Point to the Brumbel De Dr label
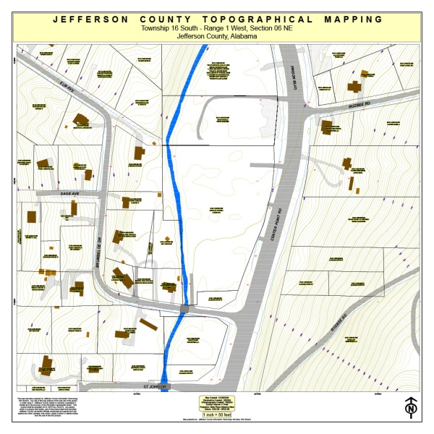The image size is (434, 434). pos(101,238)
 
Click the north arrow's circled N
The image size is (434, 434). pos(412,410)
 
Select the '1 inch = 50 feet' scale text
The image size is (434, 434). pos(216,414)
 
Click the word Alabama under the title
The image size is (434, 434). pos(242,36)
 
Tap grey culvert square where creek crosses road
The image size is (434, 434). pos(184,310)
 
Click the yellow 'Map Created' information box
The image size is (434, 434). pos(216,405)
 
